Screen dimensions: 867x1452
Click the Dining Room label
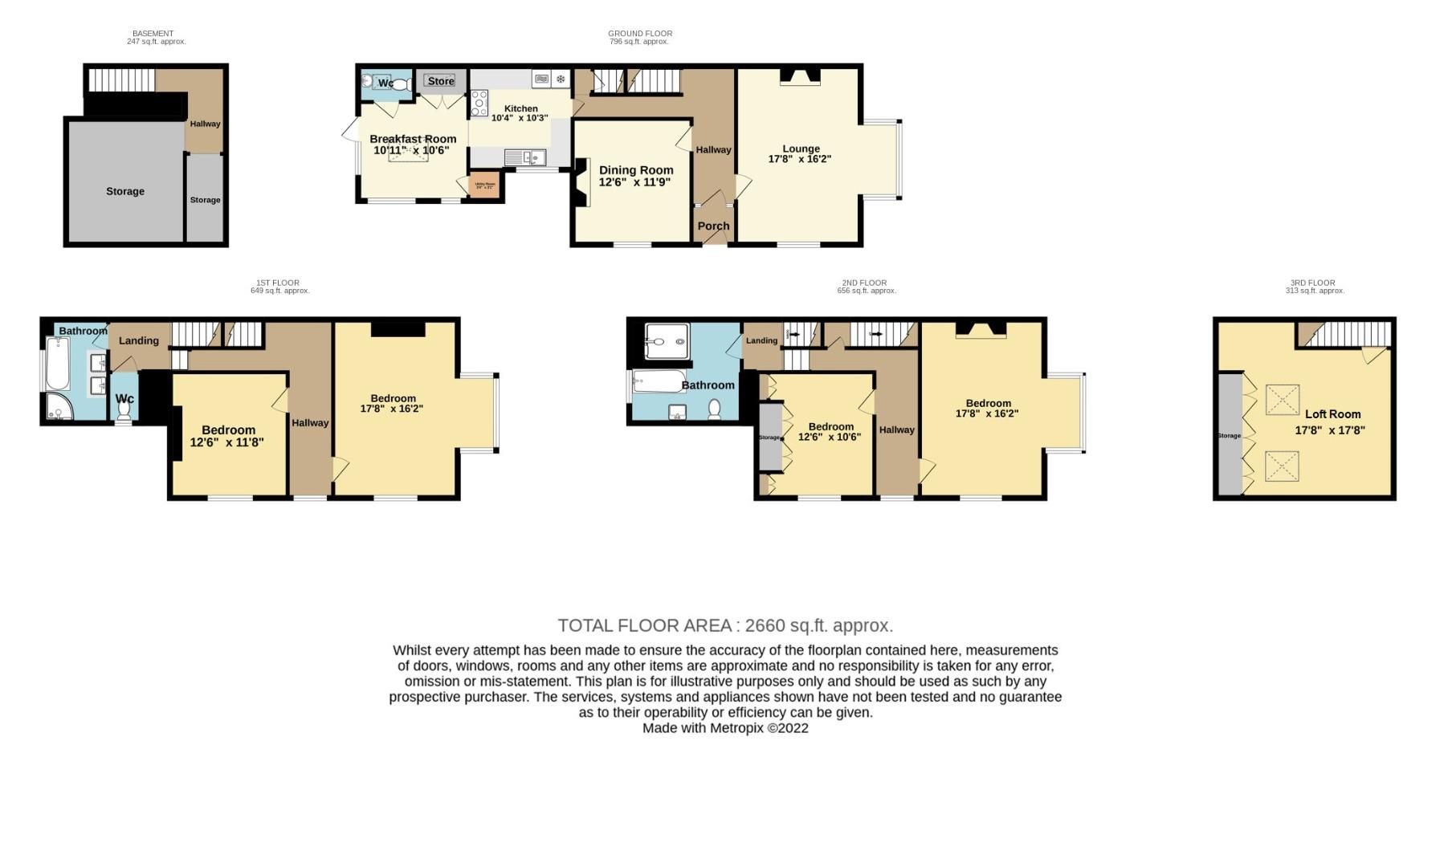[635, 170]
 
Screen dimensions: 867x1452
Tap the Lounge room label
[801, 149]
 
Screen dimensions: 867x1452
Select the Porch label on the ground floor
[713, 226]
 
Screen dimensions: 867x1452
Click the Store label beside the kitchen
[441, 81]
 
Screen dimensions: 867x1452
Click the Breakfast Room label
[413, 139]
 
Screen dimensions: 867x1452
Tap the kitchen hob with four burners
[479, 104]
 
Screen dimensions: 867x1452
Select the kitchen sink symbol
[525, 157]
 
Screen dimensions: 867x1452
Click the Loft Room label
[1332, 414]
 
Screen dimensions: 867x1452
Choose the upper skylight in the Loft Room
[1282, 400]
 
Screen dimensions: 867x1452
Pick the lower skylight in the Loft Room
[1282, 466]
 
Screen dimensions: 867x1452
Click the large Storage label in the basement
[125, 191]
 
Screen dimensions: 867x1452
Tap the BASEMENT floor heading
[153, 34]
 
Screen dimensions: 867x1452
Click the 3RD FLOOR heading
[1312, 283]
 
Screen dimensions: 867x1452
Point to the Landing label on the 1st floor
[139, 340]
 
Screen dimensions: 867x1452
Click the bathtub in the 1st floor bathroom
[59, 364]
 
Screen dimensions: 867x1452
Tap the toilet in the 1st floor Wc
[124, 410]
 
